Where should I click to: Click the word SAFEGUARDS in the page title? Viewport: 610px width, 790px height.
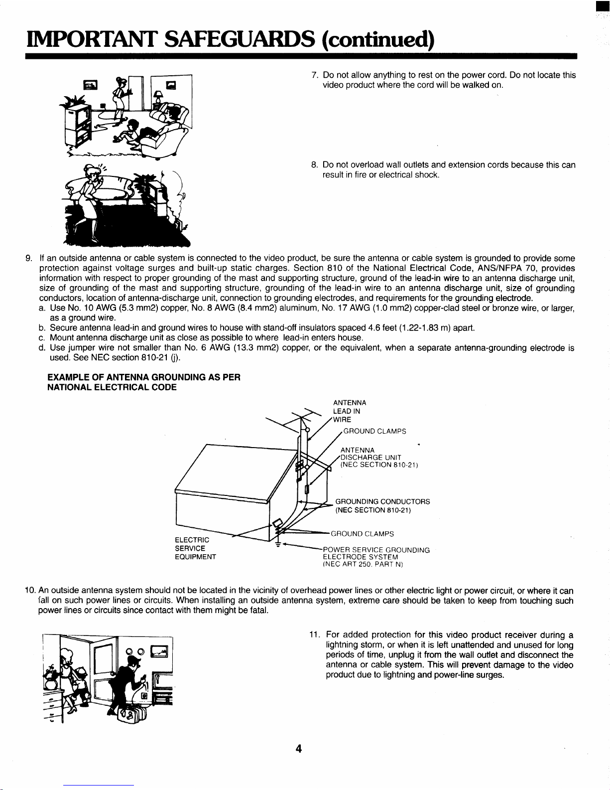(x=240, y=39)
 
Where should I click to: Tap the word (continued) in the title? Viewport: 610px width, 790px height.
(x=377, y=40)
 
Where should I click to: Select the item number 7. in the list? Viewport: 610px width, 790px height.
(x=315, y=75)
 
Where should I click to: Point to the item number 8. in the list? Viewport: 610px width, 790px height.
(x=315, y=165)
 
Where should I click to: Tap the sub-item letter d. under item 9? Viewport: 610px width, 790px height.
(x=42, y=347)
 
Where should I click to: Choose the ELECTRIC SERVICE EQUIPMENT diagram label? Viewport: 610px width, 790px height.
(x=195, y=548)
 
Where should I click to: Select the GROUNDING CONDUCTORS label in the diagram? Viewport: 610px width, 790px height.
(x=383, y=502)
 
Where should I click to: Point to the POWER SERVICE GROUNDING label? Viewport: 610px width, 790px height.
(x=376, y=550)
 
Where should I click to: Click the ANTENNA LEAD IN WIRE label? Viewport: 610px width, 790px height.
(x=350, y=411)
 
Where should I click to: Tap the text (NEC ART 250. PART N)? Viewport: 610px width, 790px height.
(x=363, y=565)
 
